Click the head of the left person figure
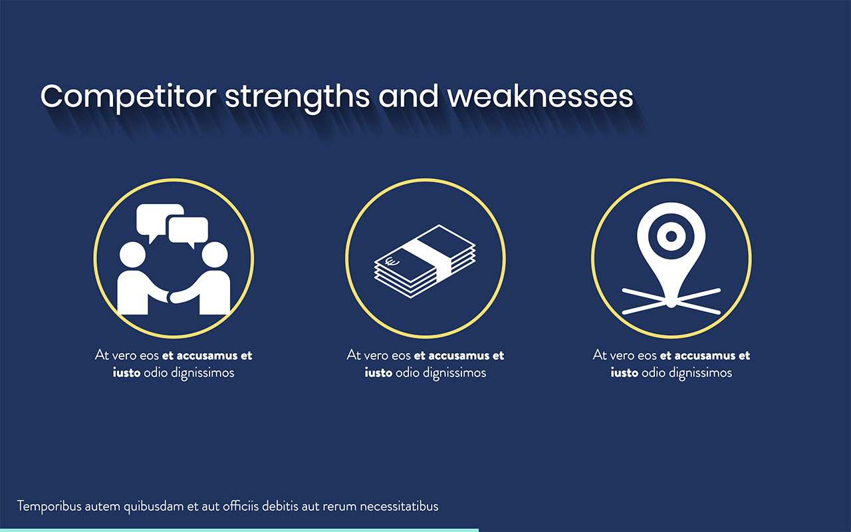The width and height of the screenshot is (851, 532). pos(132,255)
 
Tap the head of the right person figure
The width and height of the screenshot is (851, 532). pos(215,255)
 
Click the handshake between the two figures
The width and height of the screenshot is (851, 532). pos(174,295)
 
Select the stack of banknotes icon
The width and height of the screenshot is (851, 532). pos(425,261)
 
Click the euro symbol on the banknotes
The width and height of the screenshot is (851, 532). pos(392,261)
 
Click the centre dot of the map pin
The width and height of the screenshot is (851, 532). pos(671,235)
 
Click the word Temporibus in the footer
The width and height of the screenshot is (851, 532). pos(49,506)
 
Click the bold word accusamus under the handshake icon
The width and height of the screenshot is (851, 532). pos(207,356)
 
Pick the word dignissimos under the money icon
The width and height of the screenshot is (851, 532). pos(455,373)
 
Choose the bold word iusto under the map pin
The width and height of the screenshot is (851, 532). pos(624,373)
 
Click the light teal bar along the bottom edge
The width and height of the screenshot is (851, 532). pos(239,529)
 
